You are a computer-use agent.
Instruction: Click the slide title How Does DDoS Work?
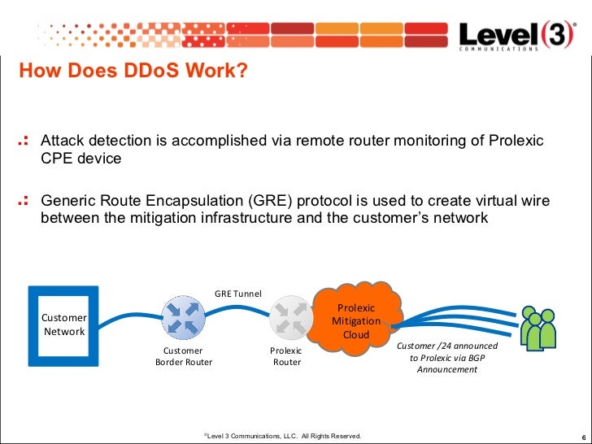click(x=133, y=72)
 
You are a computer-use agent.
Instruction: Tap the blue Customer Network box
click(x=63, y=324)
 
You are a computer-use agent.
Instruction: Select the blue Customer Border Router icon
click(x=184, y=316)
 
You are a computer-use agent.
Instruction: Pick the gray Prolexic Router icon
click(x=290, y=316)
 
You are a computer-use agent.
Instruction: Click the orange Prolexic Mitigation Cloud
click(x=356, y=320)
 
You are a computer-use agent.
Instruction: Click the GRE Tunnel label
click(x=238, y=293)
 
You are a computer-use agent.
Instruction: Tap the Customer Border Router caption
click(x=184, y=356)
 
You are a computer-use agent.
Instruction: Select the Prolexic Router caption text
click(x=286, y=356)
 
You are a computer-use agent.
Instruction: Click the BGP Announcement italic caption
click(x=447, y=358)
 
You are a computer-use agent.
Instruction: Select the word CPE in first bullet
click(x=56, y=159)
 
